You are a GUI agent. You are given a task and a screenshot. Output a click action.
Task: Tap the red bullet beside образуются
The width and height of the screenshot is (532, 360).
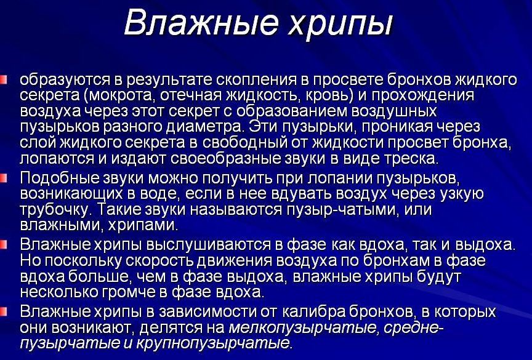(5, 79)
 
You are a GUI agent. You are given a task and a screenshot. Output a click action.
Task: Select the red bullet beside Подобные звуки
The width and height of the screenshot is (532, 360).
(5, 178)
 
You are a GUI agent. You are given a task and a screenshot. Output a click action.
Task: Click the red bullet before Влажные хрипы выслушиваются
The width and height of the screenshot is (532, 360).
(5, 244)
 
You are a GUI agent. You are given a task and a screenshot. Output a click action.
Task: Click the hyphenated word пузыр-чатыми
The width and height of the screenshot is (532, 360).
(329, 209)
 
